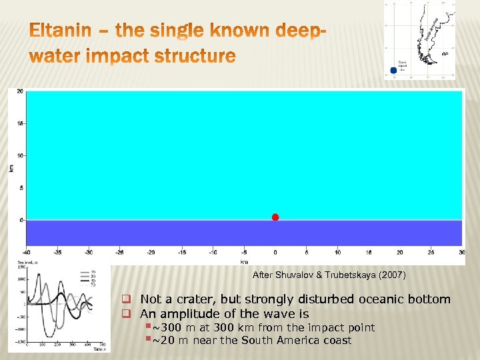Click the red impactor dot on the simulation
pyautogui.click(x=275, y=217)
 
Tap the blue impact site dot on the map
pyautogui.click(x=393, y=70)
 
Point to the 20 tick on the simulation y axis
pyautogui.click(x=20, y=91)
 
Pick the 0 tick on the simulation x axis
pyautogui.click(x=275, y=252)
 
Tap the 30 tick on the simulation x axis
pyautogui.click(x=461, y=252)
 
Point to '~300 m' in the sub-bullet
pyautogui.click(x=170, y=327)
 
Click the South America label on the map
pyautogui.click(x=432, y=27)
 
